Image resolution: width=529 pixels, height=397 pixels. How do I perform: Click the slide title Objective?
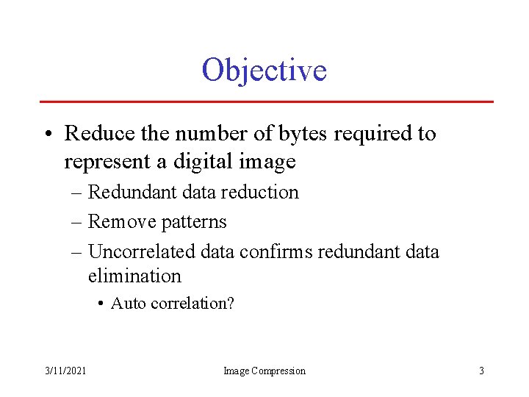click(264, 71)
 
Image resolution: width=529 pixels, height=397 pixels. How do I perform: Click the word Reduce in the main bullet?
click(93, 134)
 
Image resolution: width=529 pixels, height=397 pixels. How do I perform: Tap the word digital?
click(214, 161)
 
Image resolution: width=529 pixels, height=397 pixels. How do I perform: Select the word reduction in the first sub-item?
click(260, 193)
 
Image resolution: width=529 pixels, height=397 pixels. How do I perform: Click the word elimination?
click(134, 276)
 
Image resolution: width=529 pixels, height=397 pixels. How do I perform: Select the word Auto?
click(128, 303)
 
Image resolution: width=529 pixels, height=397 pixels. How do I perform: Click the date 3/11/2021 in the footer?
click(65, 371)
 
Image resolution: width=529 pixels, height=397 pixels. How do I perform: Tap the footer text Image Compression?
click(264, 371)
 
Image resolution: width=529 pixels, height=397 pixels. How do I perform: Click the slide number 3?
click(481, 371)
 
